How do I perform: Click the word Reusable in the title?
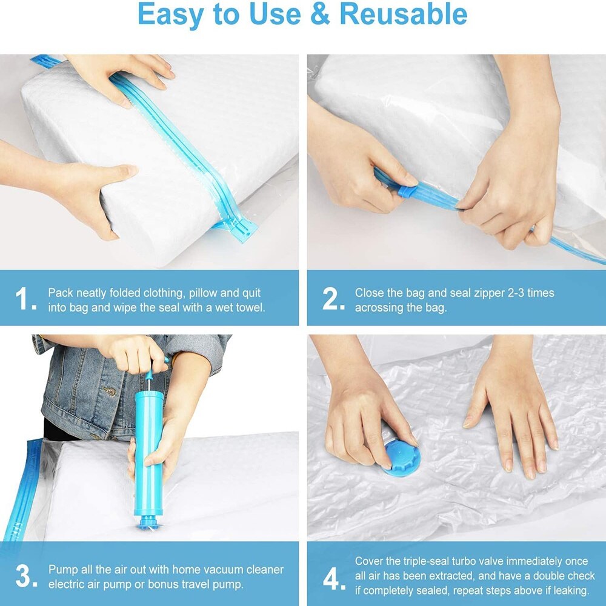pos(403,14)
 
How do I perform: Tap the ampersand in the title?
pos(320,14)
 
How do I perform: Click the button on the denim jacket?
pos(111,392)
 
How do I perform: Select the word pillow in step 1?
pos(202,293)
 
